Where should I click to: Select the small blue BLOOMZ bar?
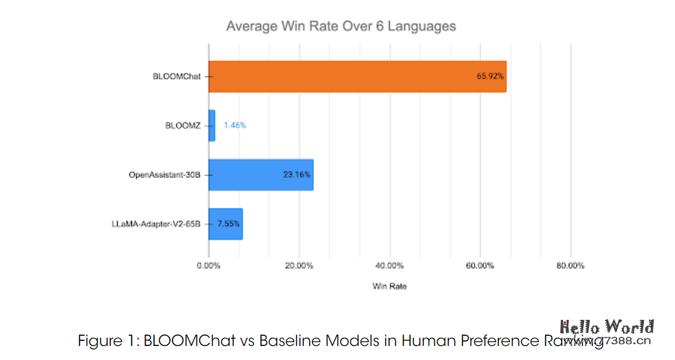point(211,126)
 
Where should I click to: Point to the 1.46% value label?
point(234,126)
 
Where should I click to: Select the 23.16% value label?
point(297,175)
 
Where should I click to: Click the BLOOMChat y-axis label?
point(176,76)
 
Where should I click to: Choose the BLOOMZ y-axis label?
point(183,126)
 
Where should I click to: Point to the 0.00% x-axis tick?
point(208,266)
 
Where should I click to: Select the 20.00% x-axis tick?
point(299,266)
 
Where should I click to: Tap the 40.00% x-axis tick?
point(389,266)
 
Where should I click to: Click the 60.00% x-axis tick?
point(480,266)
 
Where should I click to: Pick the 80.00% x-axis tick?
point(571,266)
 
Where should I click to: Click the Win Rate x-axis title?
point(389,287)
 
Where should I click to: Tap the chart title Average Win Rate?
point(341,27)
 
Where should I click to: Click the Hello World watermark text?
point(606,328)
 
